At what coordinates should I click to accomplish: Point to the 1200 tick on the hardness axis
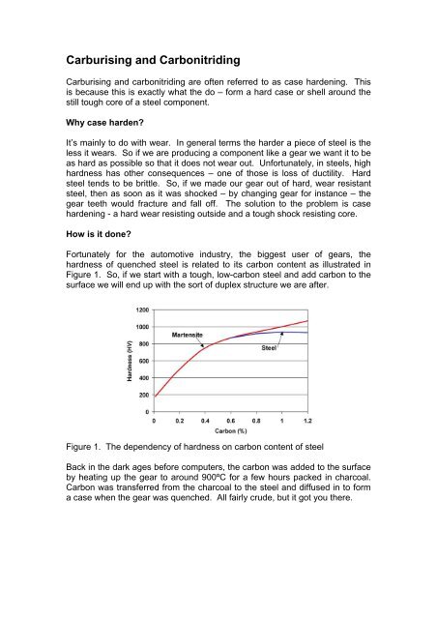tap(141, 309)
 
